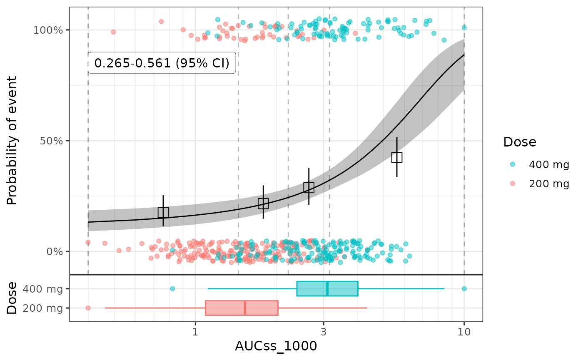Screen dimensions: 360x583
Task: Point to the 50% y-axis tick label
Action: point(54,141)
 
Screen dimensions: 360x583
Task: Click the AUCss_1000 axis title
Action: point(276,346)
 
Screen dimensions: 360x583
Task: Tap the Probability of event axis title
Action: point(12,140)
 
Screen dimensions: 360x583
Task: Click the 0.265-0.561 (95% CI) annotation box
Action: point(162,63)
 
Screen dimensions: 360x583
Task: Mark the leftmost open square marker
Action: point(163,212)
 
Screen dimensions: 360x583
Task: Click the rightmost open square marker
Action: point(397,157)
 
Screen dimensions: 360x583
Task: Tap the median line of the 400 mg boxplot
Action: point(327,288)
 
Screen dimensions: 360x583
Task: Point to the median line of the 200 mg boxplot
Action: point(245,308)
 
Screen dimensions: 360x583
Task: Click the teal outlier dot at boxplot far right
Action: point(464,288)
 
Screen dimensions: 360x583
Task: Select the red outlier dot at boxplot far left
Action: point(88,308)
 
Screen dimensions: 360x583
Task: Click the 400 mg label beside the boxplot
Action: point(43,288)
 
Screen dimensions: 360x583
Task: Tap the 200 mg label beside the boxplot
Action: point(43,308)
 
